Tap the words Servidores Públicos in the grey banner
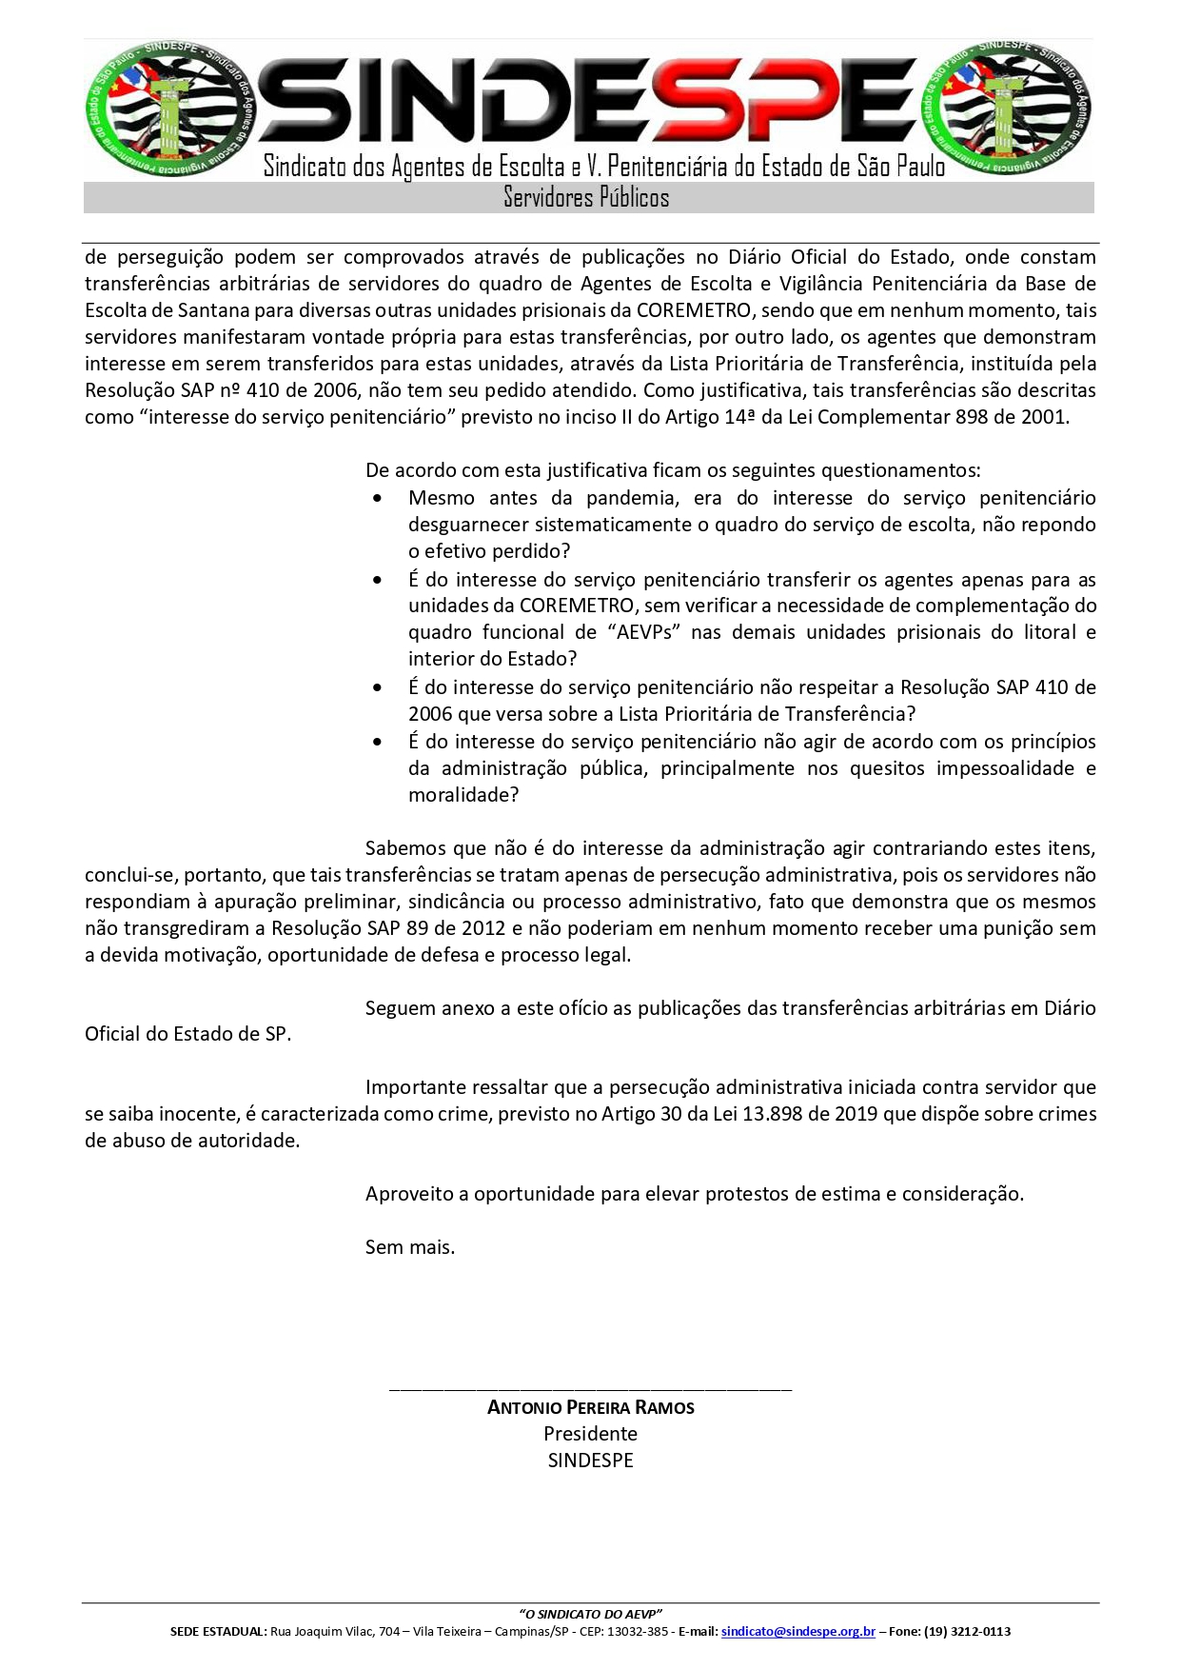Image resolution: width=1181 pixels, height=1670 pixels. click(x=586, y=198)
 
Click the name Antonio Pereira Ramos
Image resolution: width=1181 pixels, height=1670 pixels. click(x=590, y=1407)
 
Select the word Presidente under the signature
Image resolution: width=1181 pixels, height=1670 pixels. click(x=590, y=1434)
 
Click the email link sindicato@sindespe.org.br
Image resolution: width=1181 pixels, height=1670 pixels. click(x=797, y=1631)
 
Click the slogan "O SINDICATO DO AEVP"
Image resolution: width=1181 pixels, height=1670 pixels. click(x=590, y=1614)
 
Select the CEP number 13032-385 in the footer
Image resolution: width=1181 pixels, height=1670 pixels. click(x=640, y=1631)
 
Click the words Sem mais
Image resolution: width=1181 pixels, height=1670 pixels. click(x=409, y=1247)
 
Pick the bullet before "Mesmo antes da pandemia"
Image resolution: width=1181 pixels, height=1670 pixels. click(x=380, y=498)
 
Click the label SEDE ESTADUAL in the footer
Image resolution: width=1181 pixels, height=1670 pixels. click(x=218, y=1631)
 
